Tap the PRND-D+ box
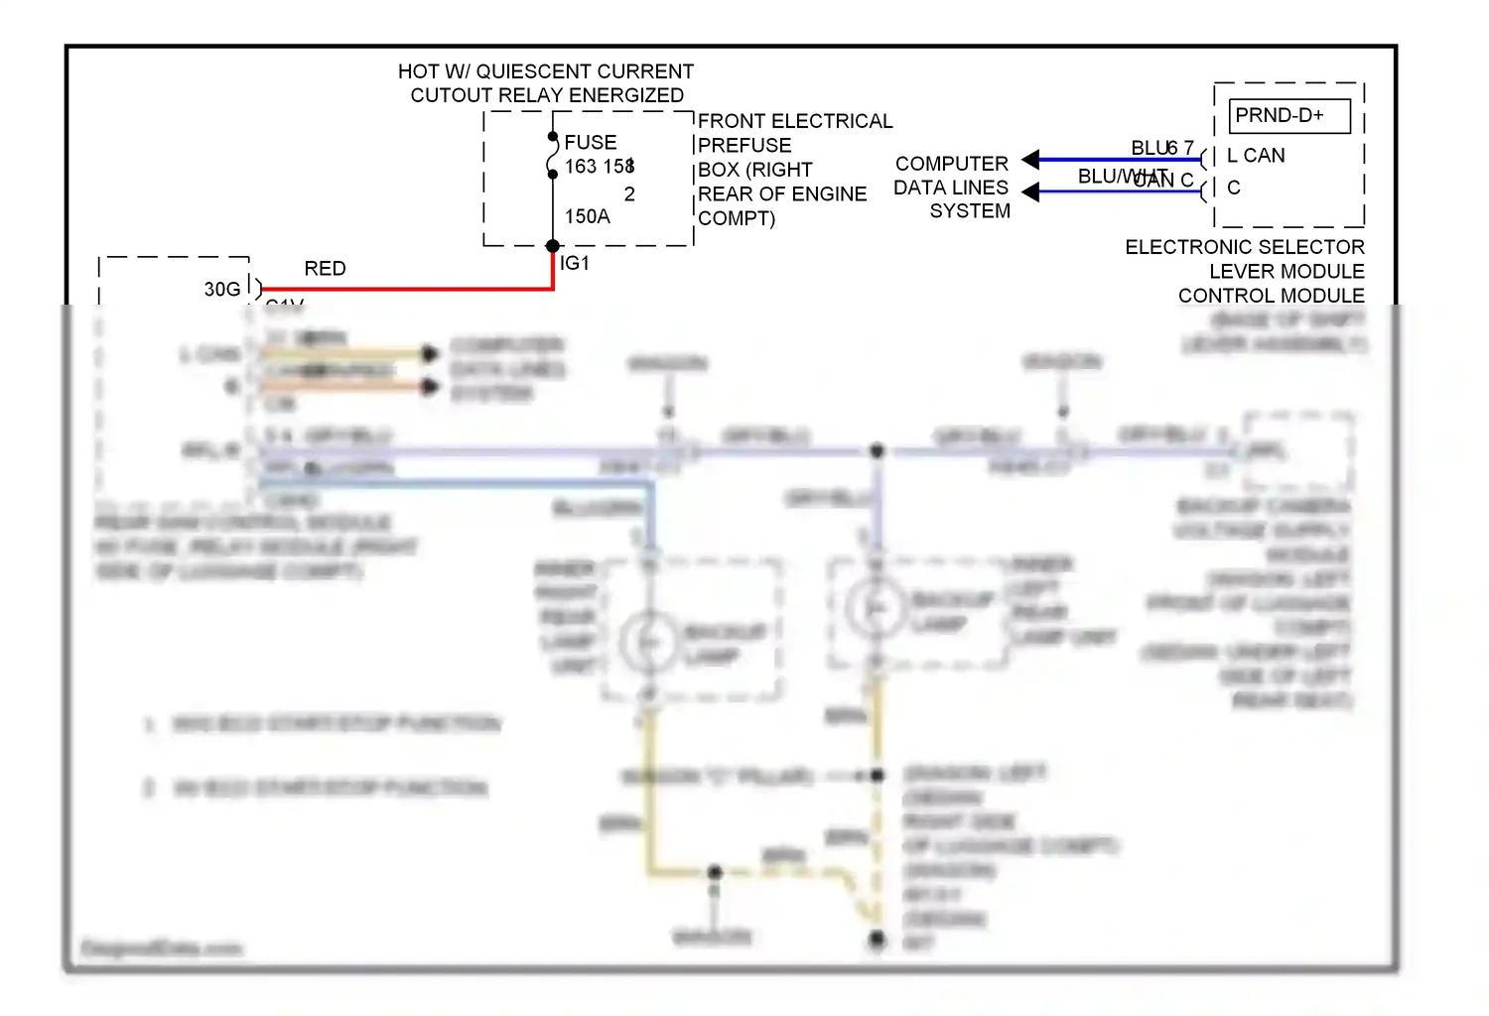pos(1288,116)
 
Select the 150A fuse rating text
pos(587,216)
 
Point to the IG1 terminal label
pos(575,263)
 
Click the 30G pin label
pos(222,289)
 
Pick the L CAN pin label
pos(1256,156)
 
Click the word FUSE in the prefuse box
pos(591,143)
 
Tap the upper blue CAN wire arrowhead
pos(1030,159)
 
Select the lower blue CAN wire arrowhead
pos(1030,190)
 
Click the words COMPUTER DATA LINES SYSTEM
pos(952,188)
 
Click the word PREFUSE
pos(744,145)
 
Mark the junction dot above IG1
pos(553,246)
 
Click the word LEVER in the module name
pos(1237,272)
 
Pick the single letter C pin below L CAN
pos(1234,188)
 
